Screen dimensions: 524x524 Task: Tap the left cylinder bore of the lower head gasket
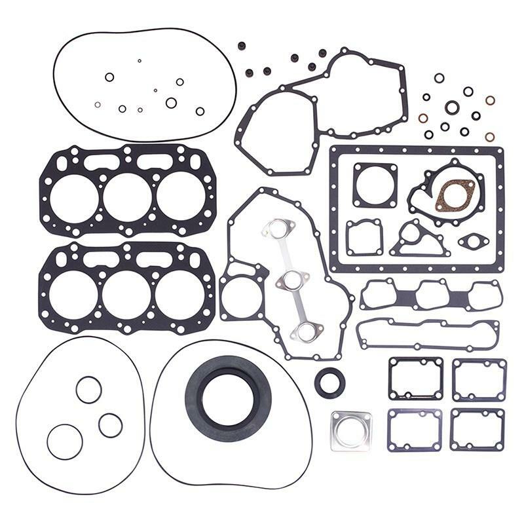pyautogui.click(x=73, y=293)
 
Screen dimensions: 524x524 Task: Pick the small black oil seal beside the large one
pyautogui.click(x=329, y=383)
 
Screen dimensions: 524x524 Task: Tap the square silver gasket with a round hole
pyautogui.click(x=350, y=430)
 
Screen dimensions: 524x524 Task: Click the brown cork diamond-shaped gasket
pyautogui.click(x=455, y=195)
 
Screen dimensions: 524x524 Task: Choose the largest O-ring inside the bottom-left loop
pyautogui.click(x=65, y=441)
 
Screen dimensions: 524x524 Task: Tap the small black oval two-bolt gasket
pyautogui.click(x=473, y=242)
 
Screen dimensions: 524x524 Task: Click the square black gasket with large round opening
pyautogui.click(x=375, y=185)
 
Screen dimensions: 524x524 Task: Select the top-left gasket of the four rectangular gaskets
pyautogui.click(x=415, y=379)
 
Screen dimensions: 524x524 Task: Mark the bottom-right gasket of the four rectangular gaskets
pyautogui.click(x=477, y=430)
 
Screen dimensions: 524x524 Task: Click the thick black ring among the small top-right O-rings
pyautogui.click(x=452, y=107)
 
